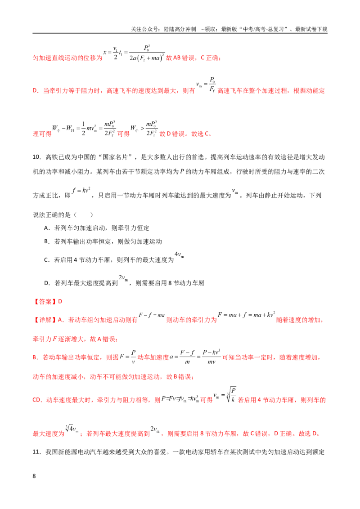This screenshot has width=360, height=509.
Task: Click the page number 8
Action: [x=34, y=476]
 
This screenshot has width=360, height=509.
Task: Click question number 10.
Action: [x=37, y=157]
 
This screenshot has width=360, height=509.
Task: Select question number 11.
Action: [x=37, y=452]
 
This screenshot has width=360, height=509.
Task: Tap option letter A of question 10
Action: [x=46, y=228]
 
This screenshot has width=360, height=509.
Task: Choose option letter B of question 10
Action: [x=46, y=241]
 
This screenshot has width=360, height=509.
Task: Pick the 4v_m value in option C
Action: [x=179, y=255]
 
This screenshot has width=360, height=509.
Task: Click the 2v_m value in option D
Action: [x=123, y=278]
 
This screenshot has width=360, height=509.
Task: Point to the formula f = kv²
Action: [x=81, y=190]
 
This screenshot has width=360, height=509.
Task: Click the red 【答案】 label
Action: [x=45, y=302]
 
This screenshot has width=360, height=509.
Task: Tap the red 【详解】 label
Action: [x=45, y=320]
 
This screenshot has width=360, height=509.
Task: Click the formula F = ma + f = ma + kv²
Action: [x=247, y=315]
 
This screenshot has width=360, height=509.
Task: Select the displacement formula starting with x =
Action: [x=134, y=53]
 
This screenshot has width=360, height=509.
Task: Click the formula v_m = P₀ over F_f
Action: [x=206, y=85]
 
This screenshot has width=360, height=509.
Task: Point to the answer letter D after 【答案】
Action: [x=60, y=302]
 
